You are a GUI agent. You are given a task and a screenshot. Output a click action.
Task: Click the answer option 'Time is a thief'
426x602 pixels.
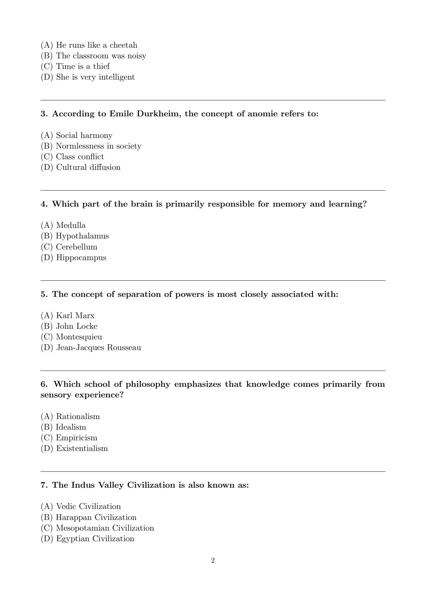point(82,66)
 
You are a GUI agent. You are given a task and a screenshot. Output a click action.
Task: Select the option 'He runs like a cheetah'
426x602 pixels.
point(96,45)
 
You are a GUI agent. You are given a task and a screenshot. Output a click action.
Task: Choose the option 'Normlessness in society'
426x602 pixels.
point(98,146)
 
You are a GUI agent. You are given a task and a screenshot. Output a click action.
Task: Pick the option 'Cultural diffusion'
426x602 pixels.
point(88,167)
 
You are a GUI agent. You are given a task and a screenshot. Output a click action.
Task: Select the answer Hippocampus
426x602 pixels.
point(81,257)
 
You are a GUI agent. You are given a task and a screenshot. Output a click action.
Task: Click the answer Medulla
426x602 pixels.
point(71,225)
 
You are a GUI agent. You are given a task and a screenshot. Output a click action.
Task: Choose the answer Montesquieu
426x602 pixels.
point(79,337)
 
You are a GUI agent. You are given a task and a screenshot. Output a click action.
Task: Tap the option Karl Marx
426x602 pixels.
point(75,315)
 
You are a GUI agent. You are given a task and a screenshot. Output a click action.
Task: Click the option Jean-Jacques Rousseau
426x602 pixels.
point(99,347)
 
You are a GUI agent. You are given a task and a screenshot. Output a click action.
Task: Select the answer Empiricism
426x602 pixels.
point(77,438)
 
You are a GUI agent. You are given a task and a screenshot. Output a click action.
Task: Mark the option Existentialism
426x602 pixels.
point(82,448)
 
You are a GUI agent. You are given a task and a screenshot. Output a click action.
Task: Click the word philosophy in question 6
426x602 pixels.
point(148,384)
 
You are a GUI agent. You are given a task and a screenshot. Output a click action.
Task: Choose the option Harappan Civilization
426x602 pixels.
point(96,517)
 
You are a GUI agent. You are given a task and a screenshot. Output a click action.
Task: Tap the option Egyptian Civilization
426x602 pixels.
point(95,539)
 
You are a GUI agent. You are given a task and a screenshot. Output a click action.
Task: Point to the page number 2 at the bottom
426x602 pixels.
point(213,560)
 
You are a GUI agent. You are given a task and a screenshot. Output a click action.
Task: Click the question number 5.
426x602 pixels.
point(44,294)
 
